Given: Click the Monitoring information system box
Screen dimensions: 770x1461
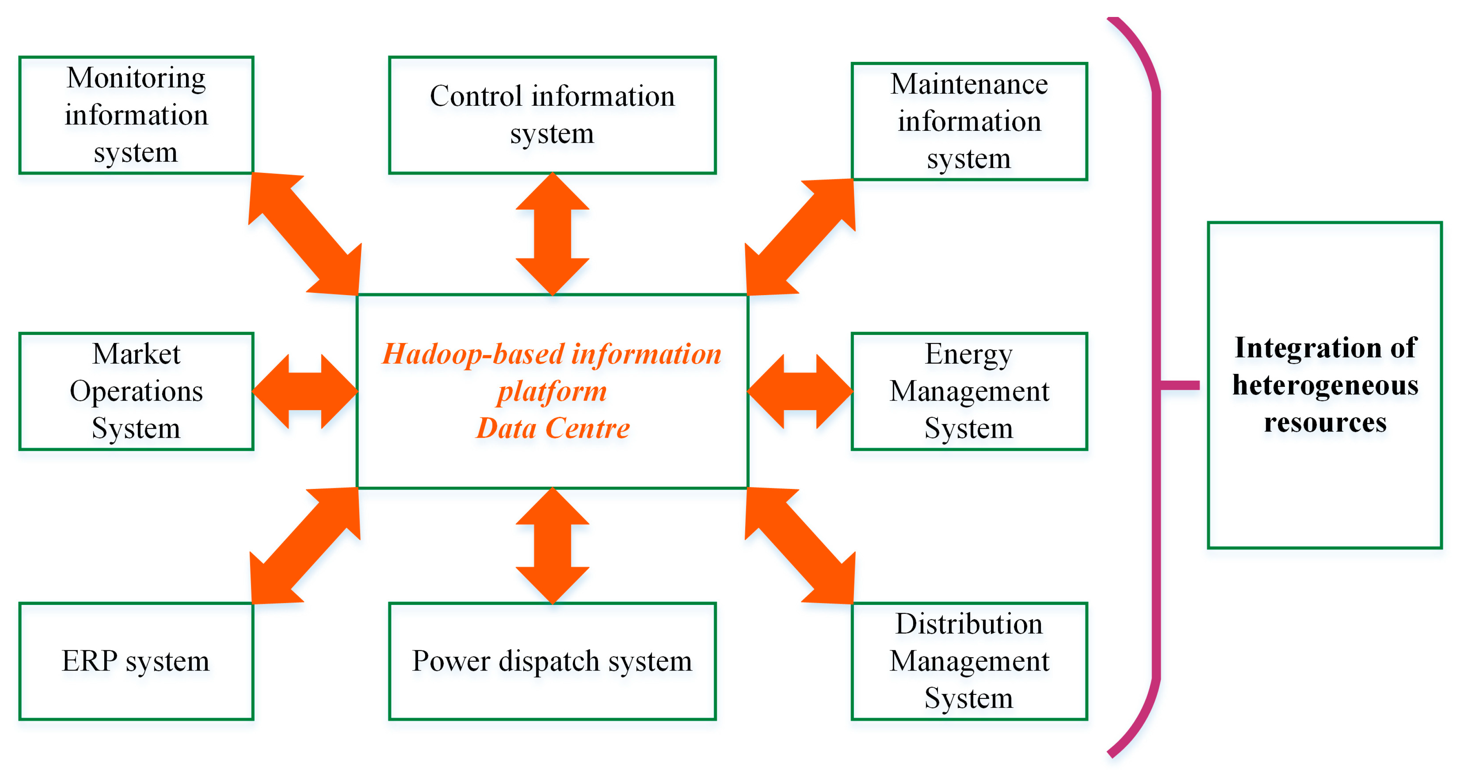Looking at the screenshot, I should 136,115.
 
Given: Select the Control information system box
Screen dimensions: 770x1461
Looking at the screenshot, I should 552,115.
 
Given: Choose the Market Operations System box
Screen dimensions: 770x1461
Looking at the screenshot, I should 136,391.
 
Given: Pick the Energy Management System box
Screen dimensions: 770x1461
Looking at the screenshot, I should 969,391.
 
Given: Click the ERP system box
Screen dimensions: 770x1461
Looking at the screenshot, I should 136,661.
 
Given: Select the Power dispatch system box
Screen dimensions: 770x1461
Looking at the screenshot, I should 552,661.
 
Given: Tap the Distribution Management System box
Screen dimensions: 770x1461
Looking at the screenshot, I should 969,661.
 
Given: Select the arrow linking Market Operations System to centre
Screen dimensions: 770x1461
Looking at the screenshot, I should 305,391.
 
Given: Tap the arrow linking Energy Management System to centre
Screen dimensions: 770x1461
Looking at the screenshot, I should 800,391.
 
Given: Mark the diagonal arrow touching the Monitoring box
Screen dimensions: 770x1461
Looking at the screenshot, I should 305,234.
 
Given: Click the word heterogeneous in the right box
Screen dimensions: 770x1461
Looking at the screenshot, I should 1325,386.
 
